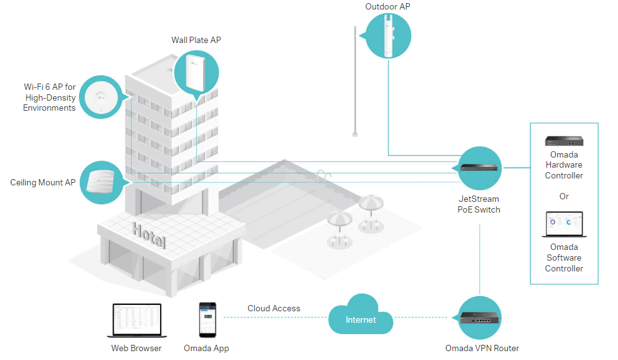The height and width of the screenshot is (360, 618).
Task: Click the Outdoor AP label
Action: click(x=388, y=7)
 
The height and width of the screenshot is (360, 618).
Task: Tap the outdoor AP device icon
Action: click(x=387, y=35)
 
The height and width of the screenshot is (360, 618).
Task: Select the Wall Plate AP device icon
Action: click(x=196, y=73)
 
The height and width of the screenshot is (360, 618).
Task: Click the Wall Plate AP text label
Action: click(x=196, y=40)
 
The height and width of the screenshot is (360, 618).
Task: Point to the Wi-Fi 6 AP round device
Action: click(x=101, y=97)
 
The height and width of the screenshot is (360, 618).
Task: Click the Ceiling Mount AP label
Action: click(x=43, y=183)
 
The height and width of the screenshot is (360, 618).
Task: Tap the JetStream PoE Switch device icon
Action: click(x=479, y=168)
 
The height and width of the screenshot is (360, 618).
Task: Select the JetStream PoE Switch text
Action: click(x=479, y=204)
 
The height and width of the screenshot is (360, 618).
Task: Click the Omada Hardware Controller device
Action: click(x=564, y=140)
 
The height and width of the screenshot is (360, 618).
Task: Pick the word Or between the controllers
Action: click(x=564, y=196)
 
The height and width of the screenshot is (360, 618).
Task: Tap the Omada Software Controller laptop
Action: click(x=564, y=224)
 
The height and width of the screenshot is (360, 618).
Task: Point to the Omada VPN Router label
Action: click(x=482, y=348)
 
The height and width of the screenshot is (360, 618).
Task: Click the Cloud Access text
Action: click(x=274, y=309)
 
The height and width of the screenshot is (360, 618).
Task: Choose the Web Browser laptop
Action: click(x=136, y=320)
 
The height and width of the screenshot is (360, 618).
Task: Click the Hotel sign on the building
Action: click(x=149, y=235)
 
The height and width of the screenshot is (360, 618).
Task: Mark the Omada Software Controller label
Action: click(x=564, y=258)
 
